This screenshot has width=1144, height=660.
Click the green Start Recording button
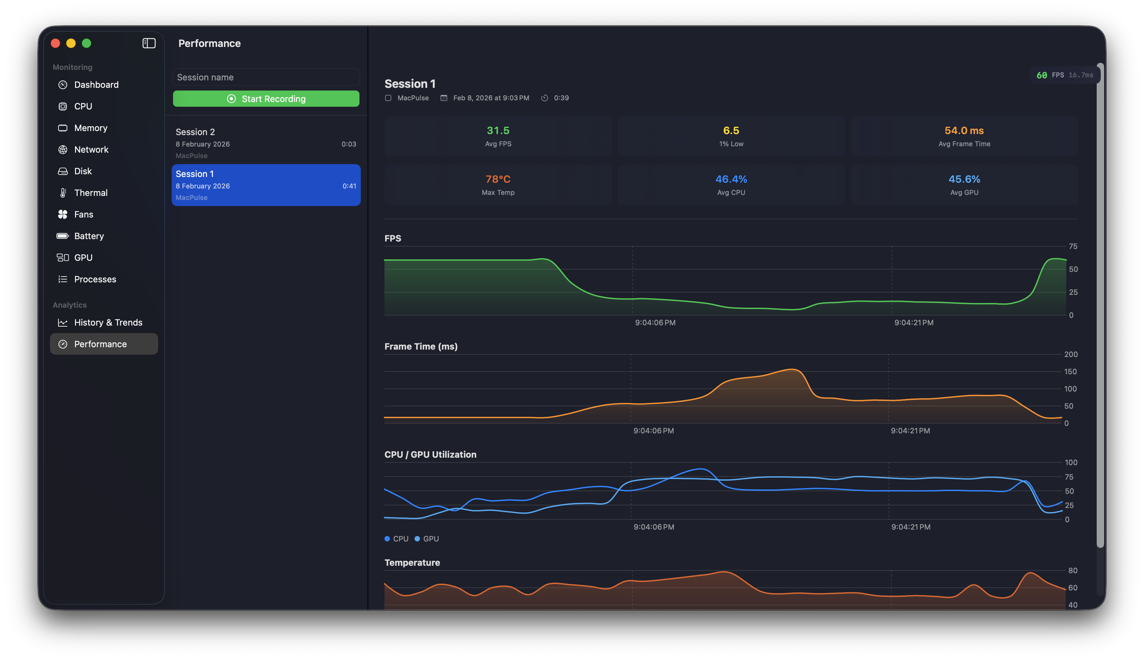(x=266, y=99)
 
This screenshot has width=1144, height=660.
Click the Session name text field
(x=266, y=77)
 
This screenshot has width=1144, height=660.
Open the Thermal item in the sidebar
(x=91, y=193)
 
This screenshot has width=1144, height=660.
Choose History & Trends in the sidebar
(x=108, y=322)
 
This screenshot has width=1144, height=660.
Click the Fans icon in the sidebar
(x=63, y=214)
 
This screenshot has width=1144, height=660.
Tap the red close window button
(x=55, y=43)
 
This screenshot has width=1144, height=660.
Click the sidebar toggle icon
(x=149, y=43)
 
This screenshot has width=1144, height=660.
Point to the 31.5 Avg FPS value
(x=498, y=131)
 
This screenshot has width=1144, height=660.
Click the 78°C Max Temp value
(x=498, y=179)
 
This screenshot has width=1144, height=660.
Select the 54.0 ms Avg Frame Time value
(x=964, y=131)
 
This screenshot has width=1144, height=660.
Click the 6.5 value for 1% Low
(x=731, y=131)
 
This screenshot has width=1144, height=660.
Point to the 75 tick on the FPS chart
(x=1073, y=246)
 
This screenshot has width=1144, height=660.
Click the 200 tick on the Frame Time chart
(x=1071, y=354)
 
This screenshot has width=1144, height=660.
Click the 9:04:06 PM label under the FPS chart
(x=655, y=322)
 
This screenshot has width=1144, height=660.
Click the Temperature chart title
(x=412, y=562)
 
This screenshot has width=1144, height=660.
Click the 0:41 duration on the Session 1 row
(x=349, y=186)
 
